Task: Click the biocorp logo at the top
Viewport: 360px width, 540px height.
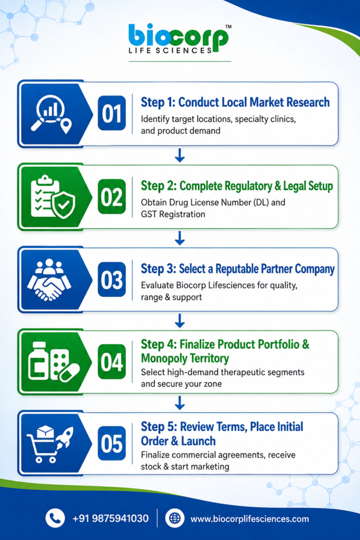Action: [180, 38]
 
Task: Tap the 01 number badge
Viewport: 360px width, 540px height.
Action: [112, 113]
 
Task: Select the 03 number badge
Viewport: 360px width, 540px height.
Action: [112, 279]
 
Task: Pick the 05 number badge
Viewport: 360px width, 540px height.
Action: [112, 443]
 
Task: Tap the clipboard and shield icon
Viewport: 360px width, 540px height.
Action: [53, 197]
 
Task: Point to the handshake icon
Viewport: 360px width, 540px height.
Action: [49, 279]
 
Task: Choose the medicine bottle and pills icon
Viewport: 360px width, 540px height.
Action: [54, 362]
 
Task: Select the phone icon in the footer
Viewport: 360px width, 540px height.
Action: [55, 518]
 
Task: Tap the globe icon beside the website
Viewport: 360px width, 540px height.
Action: [175, 518]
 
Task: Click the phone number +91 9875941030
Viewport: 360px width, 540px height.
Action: [111, 518]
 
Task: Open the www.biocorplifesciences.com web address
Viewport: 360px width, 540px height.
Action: [249, 519]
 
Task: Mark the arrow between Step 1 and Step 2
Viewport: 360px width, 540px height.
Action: [180, 156]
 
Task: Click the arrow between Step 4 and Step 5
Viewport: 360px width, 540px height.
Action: [180, 403]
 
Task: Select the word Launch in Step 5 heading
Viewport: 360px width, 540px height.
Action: [199, 441]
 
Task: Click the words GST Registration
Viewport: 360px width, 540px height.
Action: [173, 214]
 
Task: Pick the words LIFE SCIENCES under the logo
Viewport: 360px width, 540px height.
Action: [170, 50]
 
